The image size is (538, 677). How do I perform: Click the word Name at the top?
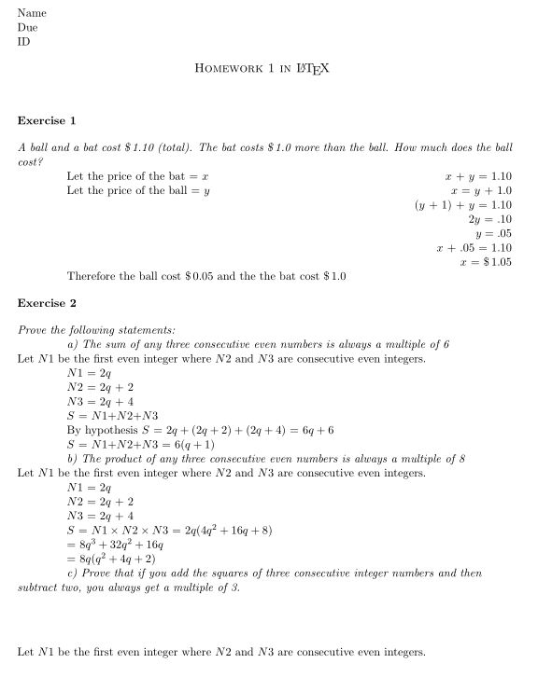(x=32, y=13)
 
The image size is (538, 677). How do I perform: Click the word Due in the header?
(x=28, y=28)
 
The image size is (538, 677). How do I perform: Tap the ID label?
(x=24, y=42)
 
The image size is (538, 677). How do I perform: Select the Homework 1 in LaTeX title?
(x=262, y=69)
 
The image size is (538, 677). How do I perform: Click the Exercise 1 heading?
(x=47, y=120)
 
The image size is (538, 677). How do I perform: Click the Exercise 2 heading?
(x=47, y=303)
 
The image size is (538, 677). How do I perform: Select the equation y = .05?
(x=494, y=234)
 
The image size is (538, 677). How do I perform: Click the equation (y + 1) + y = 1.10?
(x=463, y=205)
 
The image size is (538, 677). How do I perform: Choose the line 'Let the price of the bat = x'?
(x=136, y=176)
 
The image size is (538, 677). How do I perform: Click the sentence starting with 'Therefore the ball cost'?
(x=206, y=277)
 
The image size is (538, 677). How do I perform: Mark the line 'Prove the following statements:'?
(x=96, y=330)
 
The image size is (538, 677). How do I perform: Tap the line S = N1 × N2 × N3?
(x=170, y=530)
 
